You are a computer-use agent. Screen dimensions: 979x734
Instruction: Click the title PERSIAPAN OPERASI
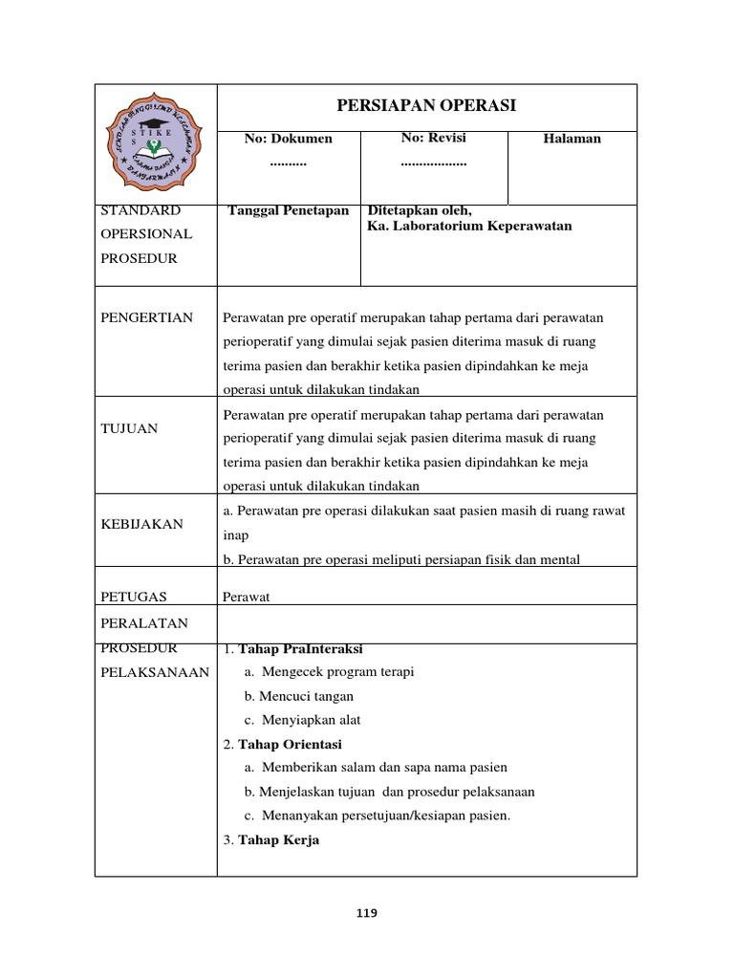point(426,106)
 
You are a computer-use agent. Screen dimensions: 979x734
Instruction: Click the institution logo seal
point(156,143)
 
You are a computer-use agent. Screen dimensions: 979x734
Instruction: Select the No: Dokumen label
point(288,139)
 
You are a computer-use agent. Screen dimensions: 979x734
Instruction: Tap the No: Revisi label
point(433,138)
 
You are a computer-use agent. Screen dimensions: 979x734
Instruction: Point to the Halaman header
point(572,139)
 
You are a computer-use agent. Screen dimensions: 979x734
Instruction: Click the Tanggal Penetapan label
point(289,210)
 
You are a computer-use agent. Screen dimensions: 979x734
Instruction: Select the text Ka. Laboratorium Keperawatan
point(469,226)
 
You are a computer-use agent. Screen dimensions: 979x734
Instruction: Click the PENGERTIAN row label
point(146,317)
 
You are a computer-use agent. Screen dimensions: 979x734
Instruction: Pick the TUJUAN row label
point(129,428)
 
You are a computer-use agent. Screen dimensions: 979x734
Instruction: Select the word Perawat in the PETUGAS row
point(247,597)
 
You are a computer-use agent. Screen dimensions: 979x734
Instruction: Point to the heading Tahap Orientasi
point(289,744)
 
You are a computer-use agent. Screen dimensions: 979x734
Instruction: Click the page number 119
point(366,913)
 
